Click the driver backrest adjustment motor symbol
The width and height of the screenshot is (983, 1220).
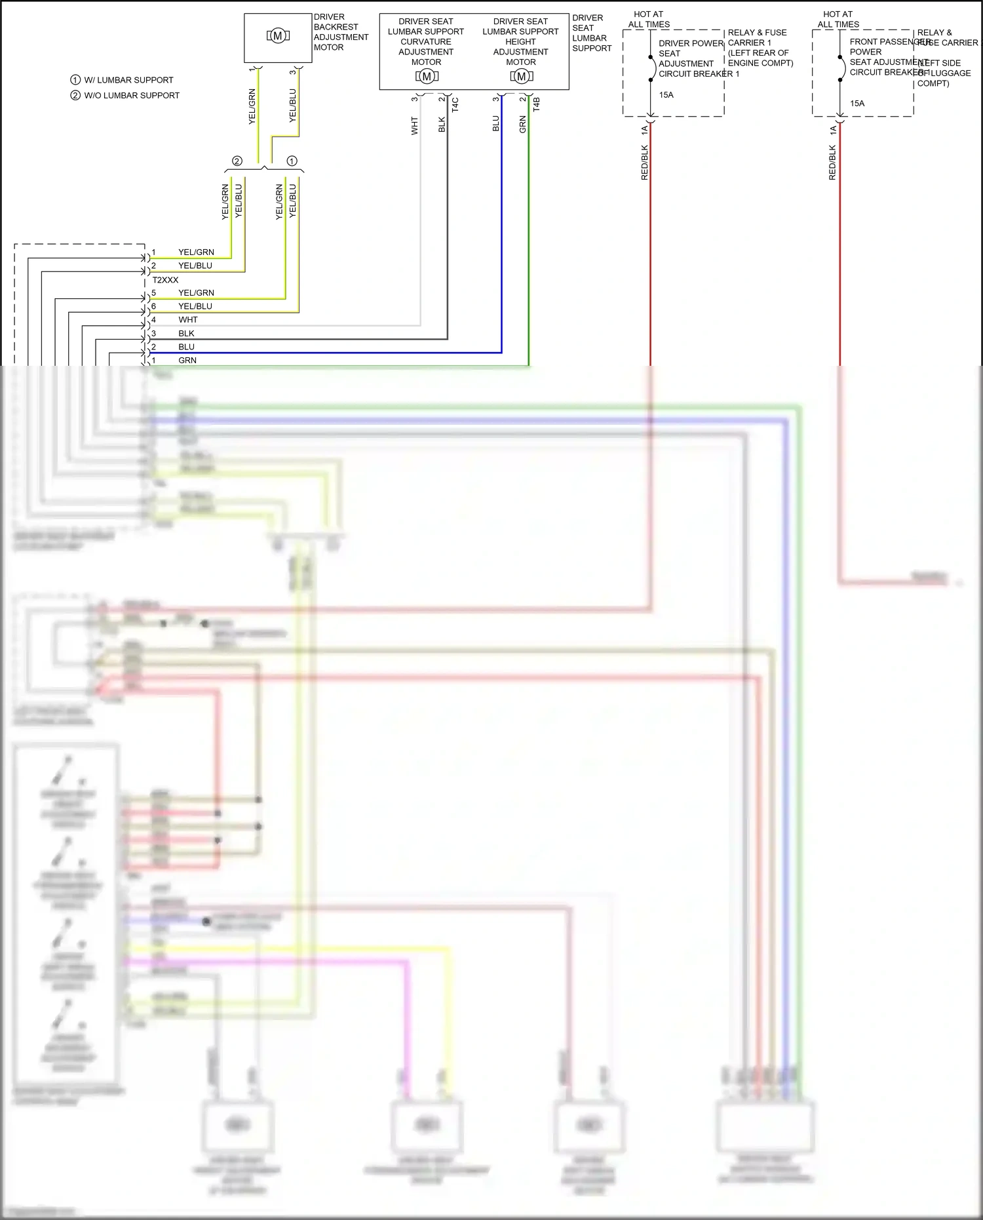tap(278, 36)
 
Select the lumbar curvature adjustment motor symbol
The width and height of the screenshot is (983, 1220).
tap(427, 77)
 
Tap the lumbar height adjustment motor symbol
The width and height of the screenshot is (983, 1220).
tap(521, 77)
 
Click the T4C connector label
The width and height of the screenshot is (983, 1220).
tap(455, 105)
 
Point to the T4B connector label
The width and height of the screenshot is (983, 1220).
tap(536, 105)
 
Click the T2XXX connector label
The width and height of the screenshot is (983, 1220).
tap(165, 280)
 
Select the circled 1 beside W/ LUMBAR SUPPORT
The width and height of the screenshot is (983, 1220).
tap(75, 80)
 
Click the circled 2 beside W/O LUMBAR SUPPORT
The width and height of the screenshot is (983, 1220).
tap(75, 96)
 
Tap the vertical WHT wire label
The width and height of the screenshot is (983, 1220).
tap(414, 126)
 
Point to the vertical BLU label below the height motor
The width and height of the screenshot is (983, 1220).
tap(495, 124)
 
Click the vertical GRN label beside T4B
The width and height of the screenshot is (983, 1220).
tap(522, 125)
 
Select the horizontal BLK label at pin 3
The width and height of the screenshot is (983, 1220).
tap(186, 334)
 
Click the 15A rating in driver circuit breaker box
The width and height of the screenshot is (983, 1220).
tap(666, 95)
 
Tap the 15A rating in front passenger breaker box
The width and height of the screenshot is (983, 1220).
tap(857, 104)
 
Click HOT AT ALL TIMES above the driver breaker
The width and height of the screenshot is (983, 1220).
tap(649, 19)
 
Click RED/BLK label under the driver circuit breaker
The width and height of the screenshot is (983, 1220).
tap(644, 163)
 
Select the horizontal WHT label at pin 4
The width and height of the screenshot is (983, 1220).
tap(187, 320)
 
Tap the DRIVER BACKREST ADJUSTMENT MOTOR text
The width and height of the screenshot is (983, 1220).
tap(340, 32)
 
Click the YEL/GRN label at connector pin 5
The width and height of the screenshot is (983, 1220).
tap(196, 293)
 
